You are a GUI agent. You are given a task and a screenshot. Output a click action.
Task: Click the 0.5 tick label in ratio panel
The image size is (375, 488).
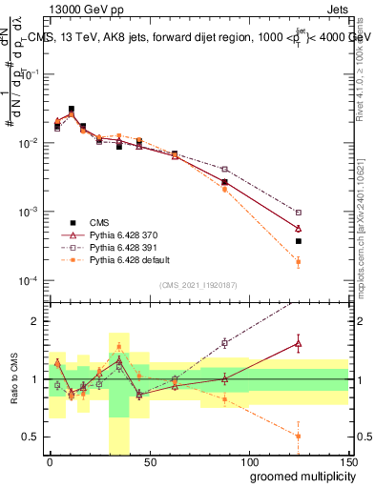click(30, 437)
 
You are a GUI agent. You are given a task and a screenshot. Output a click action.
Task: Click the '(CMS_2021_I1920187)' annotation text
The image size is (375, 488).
click(198, 285)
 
